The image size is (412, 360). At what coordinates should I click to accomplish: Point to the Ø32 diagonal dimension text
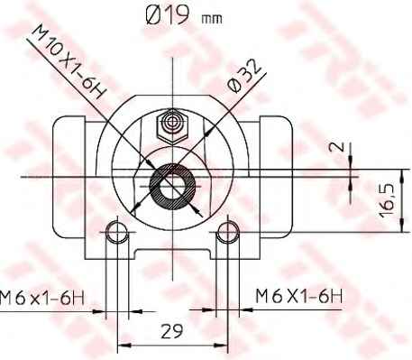[245, 73]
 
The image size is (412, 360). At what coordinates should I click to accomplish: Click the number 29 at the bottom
[168, 330]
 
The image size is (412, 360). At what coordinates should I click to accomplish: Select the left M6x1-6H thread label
[44, 295]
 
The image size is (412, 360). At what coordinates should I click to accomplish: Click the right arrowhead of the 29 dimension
[218, 344]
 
